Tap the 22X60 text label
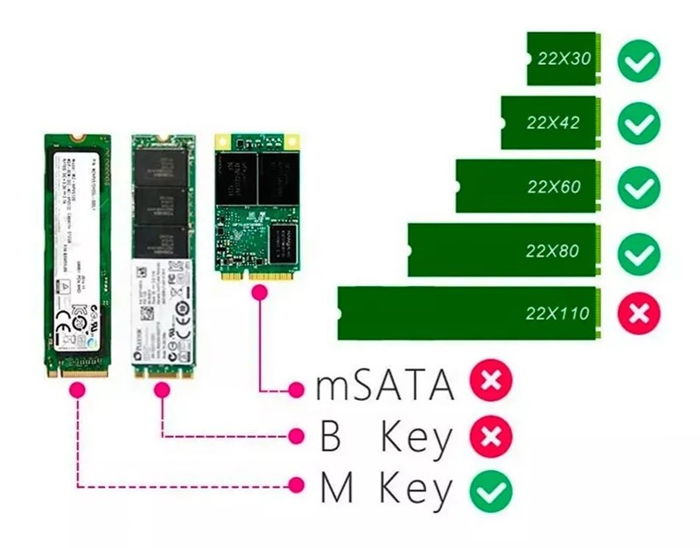[x=554, y=186]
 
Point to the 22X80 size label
[x=552, y=251]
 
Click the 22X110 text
[x=557, y=313]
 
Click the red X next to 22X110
[x=639, y=313]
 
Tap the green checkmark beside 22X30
[x=639, y=60]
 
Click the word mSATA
[x=384, y=385]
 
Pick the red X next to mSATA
[x=490, y=383]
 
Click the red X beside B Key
[x=490, y=438]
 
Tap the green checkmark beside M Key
[x=490, y=491]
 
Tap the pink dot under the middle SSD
[x=162, y=391]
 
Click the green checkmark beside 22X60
[x=639, y=187]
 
